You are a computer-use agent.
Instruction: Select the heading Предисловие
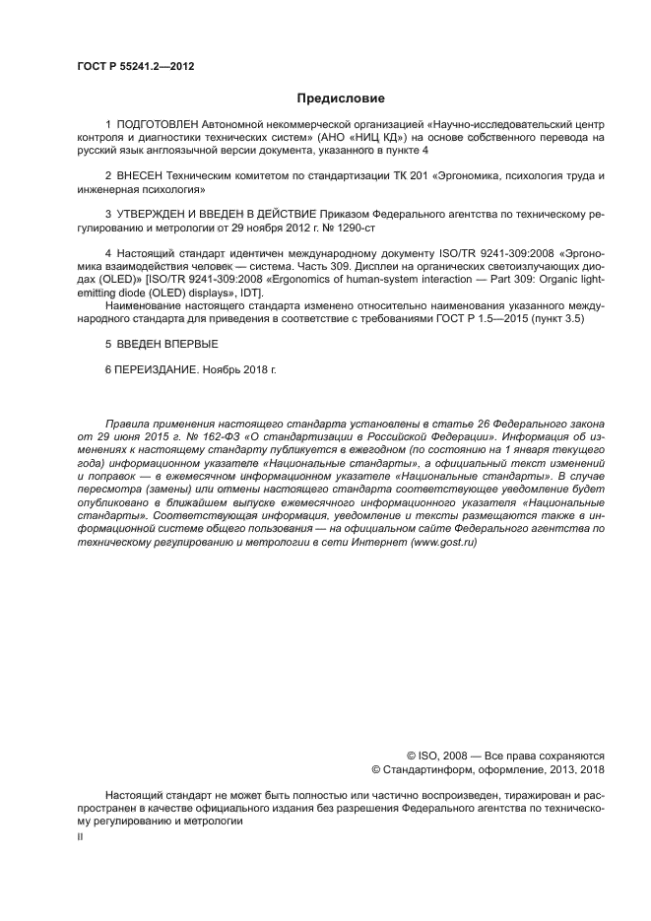point(341,99)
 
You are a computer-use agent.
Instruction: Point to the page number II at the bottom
point(81,835)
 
